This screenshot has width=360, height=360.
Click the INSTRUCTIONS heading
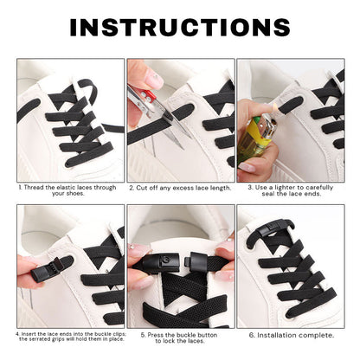pos(180,28)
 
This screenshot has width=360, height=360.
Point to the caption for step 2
pos(180,187)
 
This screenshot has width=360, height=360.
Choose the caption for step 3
pos(292,190)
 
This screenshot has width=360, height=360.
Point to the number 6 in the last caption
pos(251,334)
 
